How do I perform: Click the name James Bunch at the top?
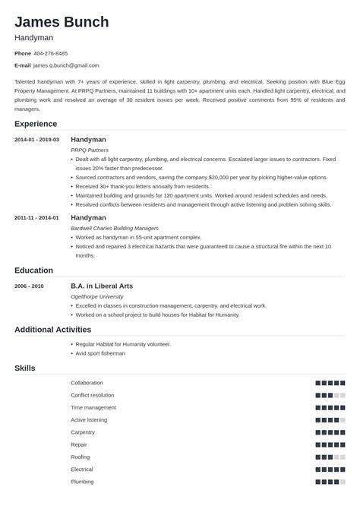[x=62, y=21]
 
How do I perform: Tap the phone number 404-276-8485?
[x=51, y=53]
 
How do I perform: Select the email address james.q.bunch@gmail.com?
[x=66, y=65]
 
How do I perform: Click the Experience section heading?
[x=36, y=124]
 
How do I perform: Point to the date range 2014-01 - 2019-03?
[x=36, y=140]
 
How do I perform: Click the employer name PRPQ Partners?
[x=89, y=150]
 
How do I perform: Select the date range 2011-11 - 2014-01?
[x=36, y=217]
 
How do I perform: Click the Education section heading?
[x=33, y=270]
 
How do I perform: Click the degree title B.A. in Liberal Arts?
[x=102, y=286]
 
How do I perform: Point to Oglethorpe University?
[x=96, y=296]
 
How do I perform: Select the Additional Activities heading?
[x=52, y=330]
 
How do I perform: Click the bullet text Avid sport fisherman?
[x=100, y=353]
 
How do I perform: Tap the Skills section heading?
[x=25, y=368]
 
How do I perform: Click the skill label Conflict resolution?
[x=92, y=395]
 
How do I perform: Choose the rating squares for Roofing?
[x=330, y=457]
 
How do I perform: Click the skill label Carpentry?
[x=83, y=432]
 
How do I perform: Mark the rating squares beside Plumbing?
[x=330, y=482]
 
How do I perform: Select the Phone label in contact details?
[x=23, y=53]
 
